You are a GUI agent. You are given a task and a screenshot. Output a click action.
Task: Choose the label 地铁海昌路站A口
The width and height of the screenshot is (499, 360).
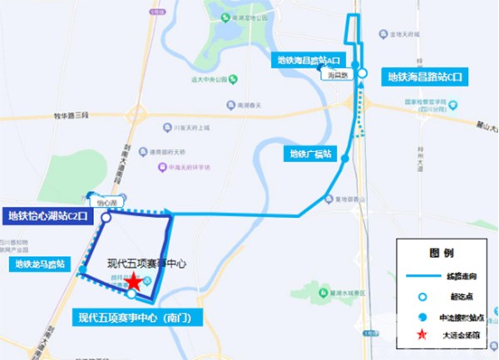311,61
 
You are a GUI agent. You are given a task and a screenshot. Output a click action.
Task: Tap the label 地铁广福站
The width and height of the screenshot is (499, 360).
311,154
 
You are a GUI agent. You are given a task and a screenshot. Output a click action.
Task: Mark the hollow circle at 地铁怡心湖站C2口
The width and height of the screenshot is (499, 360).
106,217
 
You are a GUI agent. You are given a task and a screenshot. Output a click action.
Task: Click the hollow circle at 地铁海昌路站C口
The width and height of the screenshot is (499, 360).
362,72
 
